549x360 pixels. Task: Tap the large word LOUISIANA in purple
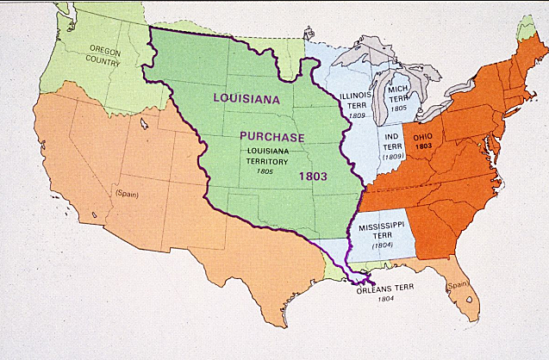(248, 97)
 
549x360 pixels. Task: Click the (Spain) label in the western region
(126, 194)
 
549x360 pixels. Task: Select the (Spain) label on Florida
(456, 284)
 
